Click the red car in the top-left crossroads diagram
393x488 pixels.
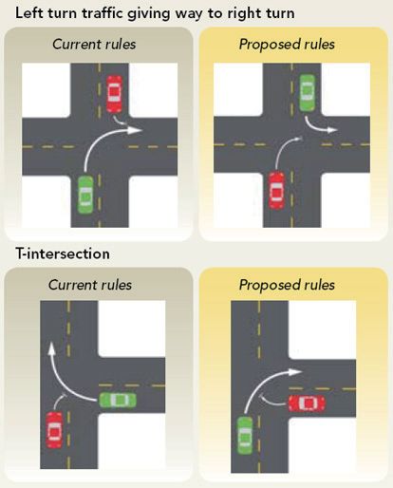114,94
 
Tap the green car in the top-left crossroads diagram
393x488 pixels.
85,195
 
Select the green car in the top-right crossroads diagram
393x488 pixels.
308,93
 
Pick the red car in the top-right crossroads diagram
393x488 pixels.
277,191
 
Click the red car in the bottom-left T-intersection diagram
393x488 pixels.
54,430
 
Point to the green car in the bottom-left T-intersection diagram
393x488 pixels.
118,400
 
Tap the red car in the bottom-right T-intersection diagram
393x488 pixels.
307,404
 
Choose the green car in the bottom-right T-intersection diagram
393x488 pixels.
245,436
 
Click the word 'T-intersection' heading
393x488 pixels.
63,253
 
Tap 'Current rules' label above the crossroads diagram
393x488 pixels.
94,44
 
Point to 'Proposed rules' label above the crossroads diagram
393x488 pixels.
287,44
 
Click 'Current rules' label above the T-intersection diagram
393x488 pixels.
90,285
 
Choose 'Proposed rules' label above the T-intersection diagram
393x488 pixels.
287,285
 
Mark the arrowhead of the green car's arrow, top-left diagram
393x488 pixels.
136,130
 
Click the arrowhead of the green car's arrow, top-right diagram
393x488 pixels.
332,130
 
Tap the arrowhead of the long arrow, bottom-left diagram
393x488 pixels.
51,348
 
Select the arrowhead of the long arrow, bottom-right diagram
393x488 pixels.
295,372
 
